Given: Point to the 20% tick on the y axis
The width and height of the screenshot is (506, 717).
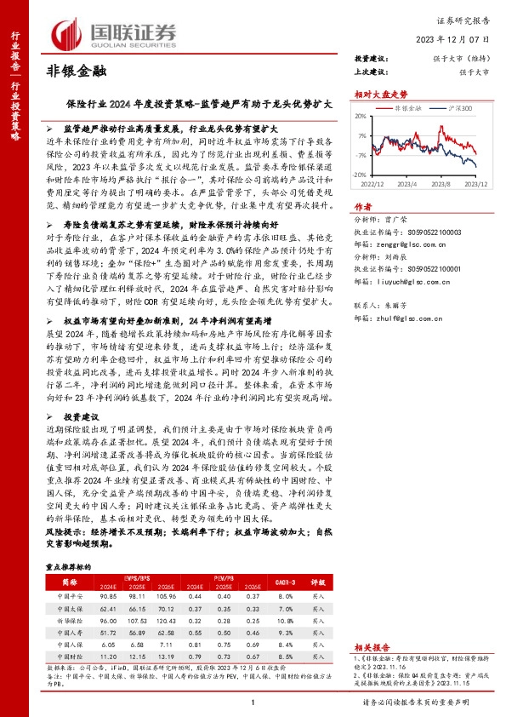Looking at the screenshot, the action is [x=361, y=117].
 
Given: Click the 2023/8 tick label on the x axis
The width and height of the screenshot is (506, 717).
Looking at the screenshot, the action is [x=441, y=181].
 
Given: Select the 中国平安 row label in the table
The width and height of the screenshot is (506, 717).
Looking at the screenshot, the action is [x=71, y=598].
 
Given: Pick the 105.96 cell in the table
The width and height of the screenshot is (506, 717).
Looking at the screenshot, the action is [x=166, y=598].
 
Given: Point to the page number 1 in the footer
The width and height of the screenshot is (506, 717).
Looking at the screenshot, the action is [x=253, y=702].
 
